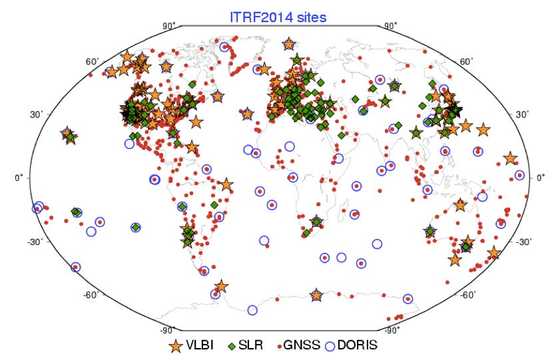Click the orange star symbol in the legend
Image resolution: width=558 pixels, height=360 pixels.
[x=176, y=346]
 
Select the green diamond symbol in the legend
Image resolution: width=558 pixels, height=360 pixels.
[x=232, y=346]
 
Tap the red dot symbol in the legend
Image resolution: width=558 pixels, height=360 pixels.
[x=278, y=346]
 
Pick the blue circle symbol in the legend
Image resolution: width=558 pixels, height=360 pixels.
[x=331, y=346]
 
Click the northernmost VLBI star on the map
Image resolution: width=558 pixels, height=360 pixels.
[x=288, y=44]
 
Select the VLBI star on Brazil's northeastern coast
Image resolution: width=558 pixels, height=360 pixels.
[x=226, y=185]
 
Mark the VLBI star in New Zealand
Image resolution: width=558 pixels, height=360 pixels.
[x=493, y=253]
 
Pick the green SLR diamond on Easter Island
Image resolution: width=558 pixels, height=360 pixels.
[x=135, y=228]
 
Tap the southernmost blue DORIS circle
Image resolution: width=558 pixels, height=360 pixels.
[x=252, y=309]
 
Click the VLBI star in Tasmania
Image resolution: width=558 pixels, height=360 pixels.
[x=455, y=260]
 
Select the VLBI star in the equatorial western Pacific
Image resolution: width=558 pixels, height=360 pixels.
[x=510, y=158]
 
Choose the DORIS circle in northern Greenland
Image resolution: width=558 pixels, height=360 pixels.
[x=224, y=47]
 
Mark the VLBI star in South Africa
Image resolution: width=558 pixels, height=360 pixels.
[x=316, y=222]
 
